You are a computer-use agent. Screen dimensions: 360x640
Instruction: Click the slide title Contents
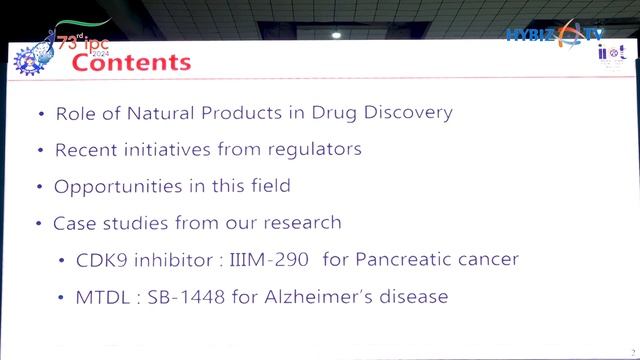click(x=131, y=62)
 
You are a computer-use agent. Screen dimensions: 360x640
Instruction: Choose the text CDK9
click(x=99, y=259)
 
